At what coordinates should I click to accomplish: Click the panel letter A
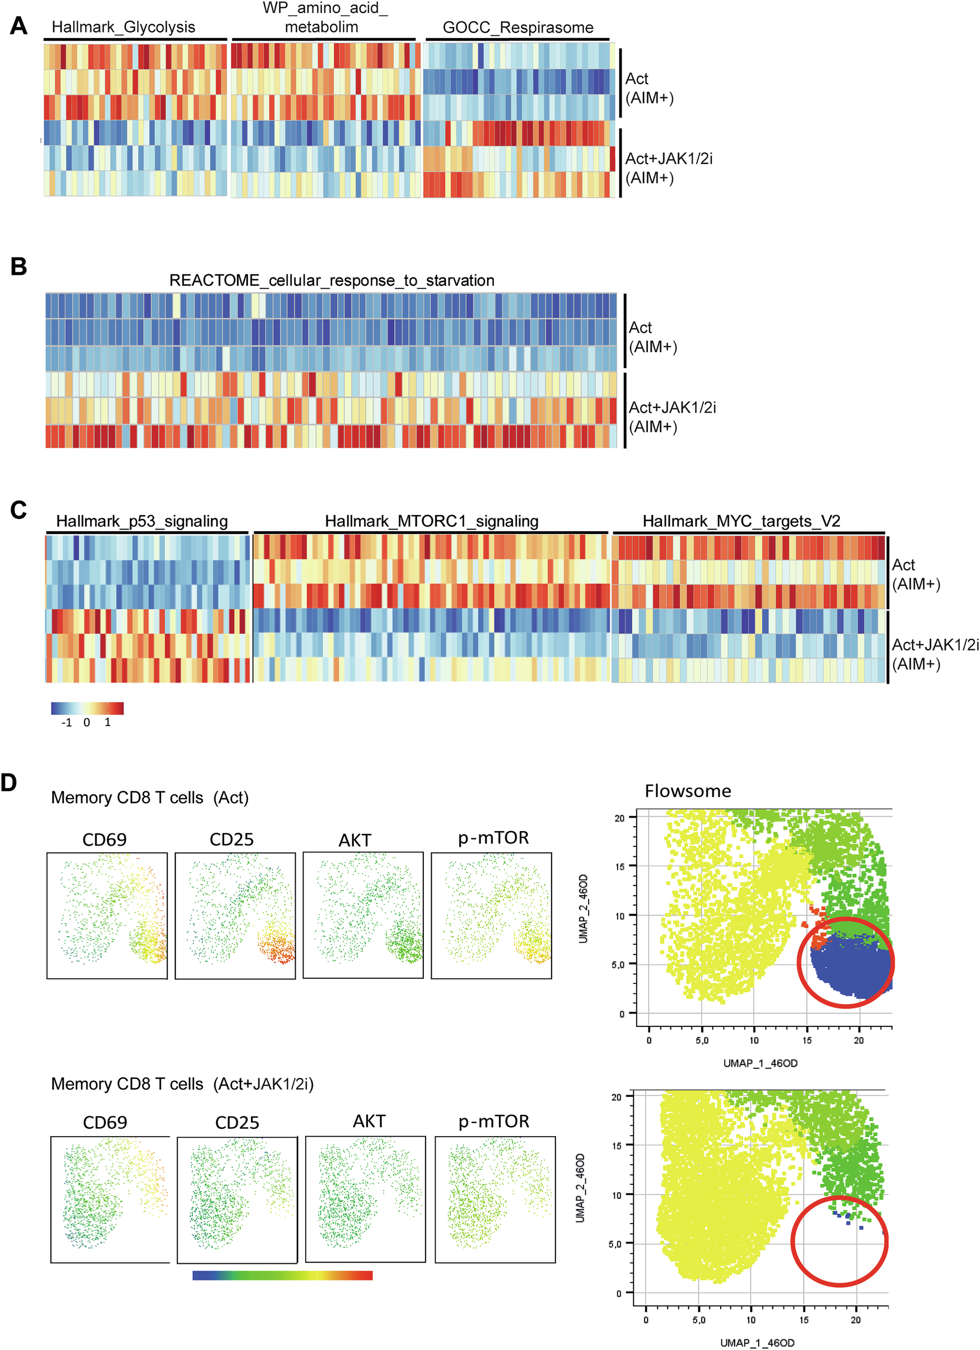pos(18,26)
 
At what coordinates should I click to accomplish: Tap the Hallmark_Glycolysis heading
pos(123,27)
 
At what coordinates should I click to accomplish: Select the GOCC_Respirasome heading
pos(517,28)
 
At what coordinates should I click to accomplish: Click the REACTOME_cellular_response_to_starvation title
pos(332,280)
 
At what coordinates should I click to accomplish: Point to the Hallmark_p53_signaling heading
pos(142,522)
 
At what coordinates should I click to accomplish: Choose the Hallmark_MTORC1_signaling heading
pos(431,522)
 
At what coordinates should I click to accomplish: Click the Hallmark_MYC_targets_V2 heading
pos(741,522)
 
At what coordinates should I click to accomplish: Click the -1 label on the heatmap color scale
pos(67,723)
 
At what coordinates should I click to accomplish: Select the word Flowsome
pos(688,791)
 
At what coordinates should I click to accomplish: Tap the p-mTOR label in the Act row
pos(493,838)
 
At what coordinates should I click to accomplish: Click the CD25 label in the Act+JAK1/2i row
pos(237,1123)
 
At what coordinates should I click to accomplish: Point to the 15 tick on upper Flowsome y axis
pos(620,866)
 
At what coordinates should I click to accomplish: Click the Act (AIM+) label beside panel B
pos(652,337)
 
